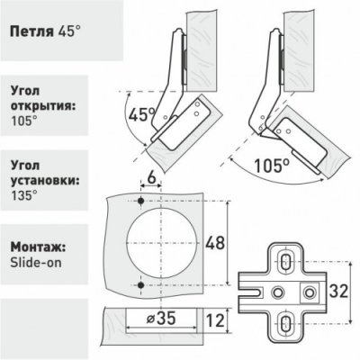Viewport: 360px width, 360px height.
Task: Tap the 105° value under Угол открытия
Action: [22, 123]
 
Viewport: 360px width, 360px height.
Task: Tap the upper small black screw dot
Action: [143, 200]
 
